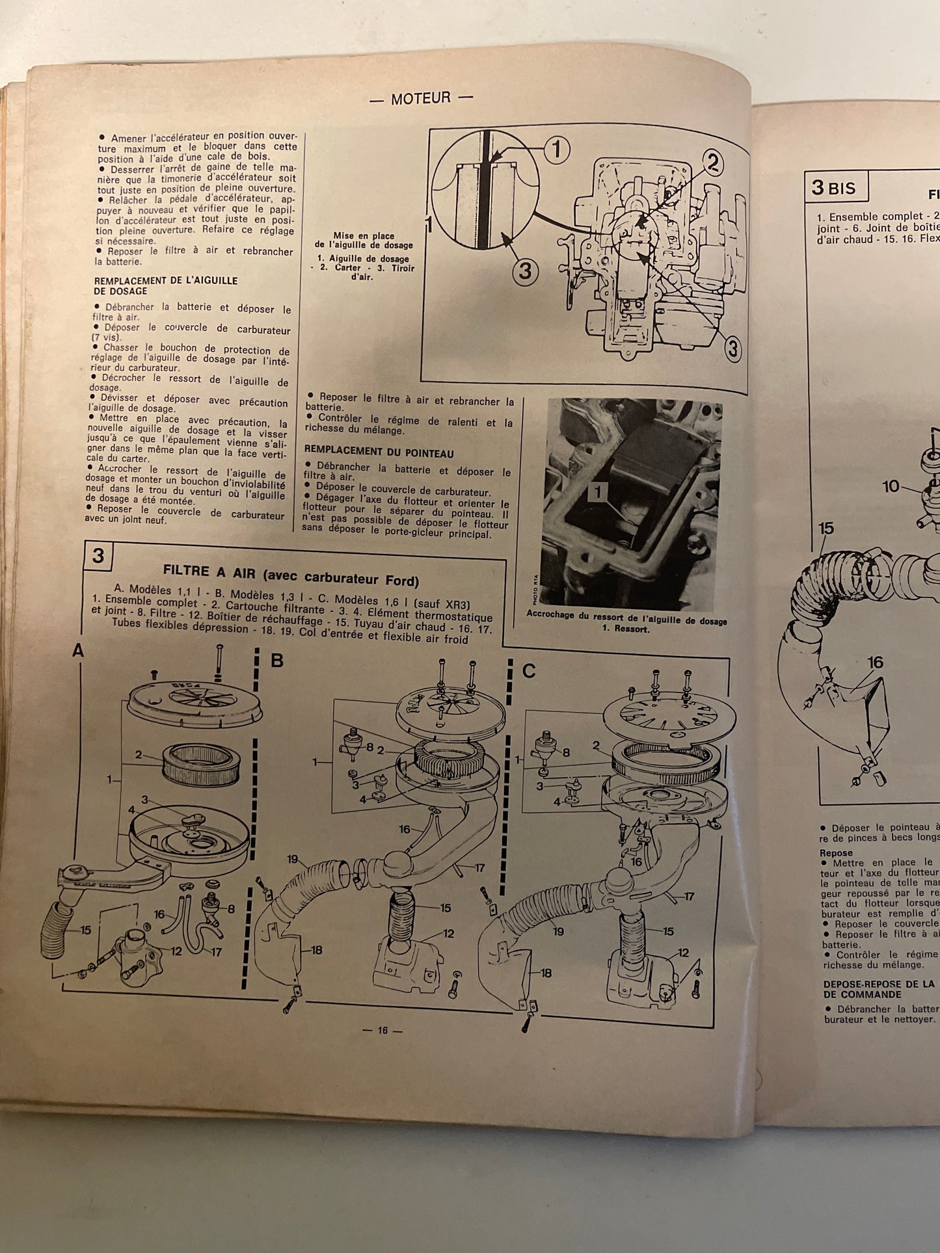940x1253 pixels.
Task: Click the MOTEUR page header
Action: coord(421,99)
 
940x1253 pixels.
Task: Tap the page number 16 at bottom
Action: coord(382,1030)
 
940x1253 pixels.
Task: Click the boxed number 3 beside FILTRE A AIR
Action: coord(98,555)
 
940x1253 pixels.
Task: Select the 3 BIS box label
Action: coord(839,188)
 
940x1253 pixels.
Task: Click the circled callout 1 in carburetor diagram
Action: coord(556,150)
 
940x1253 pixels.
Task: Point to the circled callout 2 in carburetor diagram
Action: coord(712,163)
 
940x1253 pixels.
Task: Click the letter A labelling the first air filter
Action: coord(78,650)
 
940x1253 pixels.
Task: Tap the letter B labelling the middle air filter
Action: coord(277,661)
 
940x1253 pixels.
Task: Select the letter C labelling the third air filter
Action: coord(529,670)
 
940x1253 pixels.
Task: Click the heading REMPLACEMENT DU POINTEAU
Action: coord(379,453)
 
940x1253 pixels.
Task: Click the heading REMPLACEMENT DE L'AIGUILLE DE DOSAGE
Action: coord(165,285)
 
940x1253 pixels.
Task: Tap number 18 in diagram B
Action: coord(316,950)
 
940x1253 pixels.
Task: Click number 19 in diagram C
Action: coord(558,930)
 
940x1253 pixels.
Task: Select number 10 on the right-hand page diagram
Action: coord(891,486)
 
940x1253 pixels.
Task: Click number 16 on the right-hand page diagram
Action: coord(875,662)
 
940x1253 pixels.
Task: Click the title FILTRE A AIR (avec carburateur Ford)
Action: coord(291,575)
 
